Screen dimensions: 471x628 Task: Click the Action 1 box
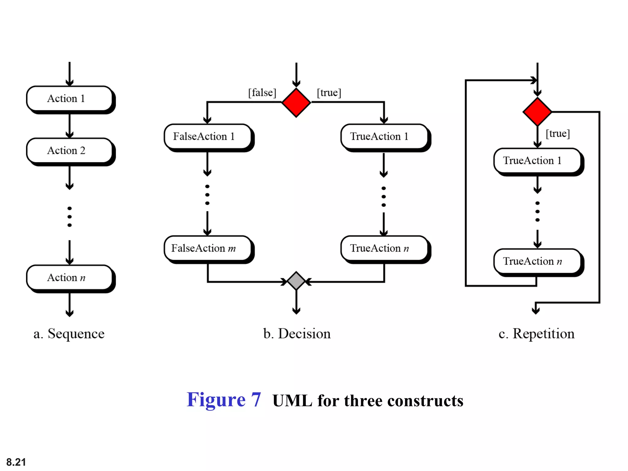tap(69, 98)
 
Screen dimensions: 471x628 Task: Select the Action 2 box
tap(69, 151)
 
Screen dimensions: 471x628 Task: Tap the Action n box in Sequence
tap(69, 278)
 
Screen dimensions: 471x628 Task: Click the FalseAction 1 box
tap(208, 136)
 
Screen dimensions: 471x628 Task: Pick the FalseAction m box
tap(208, 248)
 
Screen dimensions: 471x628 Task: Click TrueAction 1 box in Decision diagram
tap(384, 136)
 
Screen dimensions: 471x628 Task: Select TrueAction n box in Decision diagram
tap(384, 248)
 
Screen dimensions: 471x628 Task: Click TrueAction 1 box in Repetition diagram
tap(537, 161)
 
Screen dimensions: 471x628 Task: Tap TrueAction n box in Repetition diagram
tap(537, 261)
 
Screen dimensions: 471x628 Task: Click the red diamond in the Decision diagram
tap(296, 102)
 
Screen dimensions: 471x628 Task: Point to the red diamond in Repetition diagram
tap(537, 112)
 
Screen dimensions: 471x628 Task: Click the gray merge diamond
tap(296, 281)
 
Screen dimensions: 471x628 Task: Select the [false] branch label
tap(262, 93)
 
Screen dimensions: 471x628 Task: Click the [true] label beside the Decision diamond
tap(329, 93)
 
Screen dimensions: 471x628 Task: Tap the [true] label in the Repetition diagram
tap(558, 134)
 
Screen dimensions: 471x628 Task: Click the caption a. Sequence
tap(69, 334)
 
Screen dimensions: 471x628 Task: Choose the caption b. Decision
tap(297, 334)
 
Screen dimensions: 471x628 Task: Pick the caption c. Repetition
tap(537, 334)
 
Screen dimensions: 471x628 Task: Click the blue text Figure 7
tap(224, 400)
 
